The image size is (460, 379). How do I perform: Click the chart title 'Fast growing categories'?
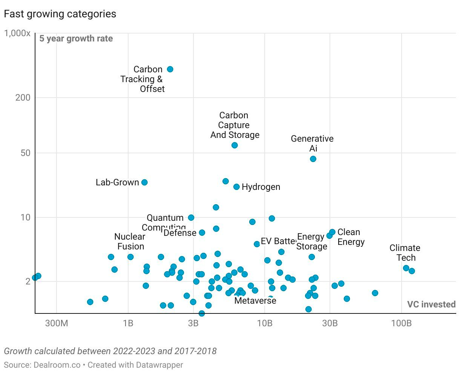coord(60,14)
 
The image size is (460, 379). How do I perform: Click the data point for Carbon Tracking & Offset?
coord(170,69)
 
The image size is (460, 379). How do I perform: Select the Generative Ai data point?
coord(313,159)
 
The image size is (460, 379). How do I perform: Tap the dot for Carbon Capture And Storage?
coord(235,145)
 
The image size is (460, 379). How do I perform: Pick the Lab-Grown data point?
coord(144,182)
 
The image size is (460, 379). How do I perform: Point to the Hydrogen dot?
coord(236,187)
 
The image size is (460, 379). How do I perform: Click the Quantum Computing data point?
coord(191,218)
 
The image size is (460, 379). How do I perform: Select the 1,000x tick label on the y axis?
coord(17,34)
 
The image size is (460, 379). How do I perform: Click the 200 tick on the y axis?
coord(22,98)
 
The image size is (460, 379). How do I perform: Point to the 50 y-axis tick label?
coord(25,153)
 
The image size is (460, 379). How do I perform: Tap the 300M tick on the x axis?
coord(57,323)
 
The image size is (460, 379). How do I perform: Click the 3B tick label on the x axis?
coord(193,323)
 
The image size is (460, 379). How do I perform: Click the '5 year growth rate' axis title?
coord(76,39)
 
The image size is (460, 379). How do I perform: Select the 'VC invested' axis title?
coord(431,304)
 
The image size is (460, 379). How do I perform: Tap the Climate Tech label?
coord(405,253)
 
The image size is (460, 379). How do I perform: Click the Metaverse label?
coord(255,301)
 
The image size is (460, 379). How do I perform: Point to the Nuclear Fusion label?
coord(130,241)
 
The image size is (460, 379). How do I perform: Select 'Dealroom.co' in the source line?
coord(55,365)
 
